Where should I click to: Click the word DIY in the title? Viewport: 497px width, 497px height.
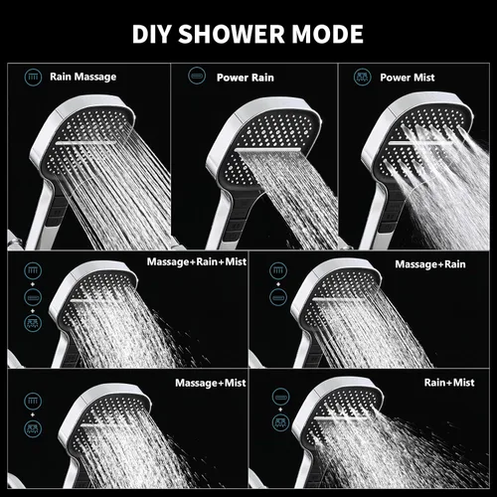pos(152,34)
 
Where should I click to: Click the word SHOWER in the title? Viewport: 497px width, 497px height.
pos(232,34)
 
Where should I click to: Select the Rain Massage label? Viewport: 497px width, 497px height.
pos(83,77)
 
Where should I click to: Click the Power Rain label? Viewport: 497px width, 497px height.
pos(246,78)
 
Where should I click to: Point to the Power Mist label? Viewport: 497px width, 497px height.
pos(408,78)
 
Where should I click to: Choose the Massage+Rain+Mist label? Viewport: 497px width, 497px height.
pos(197,261)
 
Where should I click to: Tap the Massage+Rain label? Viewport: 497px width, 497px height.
pos(430,264)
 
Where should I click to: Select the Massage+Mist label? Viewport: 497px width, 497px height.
pos(211,383)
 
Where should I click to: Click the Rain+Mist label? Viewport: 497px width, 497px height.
pos(449,383)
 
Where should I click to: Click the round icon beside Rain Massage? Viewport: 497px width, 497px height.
pos(33,78)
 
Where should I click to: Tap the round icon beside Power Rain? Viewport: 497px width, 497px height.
pos(197,76)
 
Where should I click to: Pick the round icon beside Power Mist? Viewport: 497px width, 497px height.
pos(363,78)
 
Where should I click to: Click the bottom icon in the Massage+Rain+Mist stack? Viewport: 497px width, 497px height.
pos(33,323)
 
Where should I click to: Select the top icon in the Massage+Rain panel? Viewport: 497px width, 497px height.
pos(278,270)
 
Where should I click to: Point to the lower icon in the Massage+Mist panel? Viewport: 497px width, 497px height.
pos(33,428)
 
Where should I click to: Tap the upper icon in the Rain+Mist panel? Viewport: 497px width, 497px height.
pos(281,397)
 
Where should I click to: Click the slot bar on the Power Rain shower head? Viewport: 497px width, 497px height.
pos(267,150)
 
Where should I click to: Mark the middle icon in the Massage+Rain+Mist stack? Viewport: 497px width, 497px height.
pos(33,297)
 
